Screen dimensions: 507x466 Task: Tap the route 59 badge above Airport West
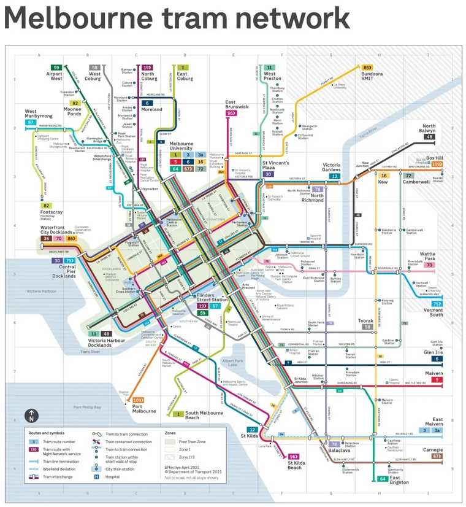(56, 68)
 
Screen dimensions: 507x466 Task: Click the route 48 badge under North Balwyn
(429, 137)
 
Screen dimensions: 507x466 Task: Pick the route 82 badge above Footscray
(45, 206)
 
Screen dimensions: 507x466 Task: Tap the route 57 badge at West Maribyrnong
(30, 122)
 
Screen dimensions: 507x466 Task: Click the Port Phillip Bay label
(87, 407)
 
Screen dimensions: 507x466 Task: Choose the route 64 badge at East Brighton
(383, 478)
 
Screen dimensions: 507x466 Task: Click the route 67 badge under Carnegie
(437, 456)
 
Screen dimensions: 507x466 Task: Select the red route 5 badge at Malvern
(437, 380)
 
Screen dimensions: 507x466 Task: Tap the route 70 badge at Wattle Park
(429, 265)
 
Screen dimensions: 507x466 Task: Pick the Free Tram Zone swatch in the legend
(171, 441)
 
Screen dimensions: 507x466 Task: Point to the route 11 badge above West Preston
(270, 68)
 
